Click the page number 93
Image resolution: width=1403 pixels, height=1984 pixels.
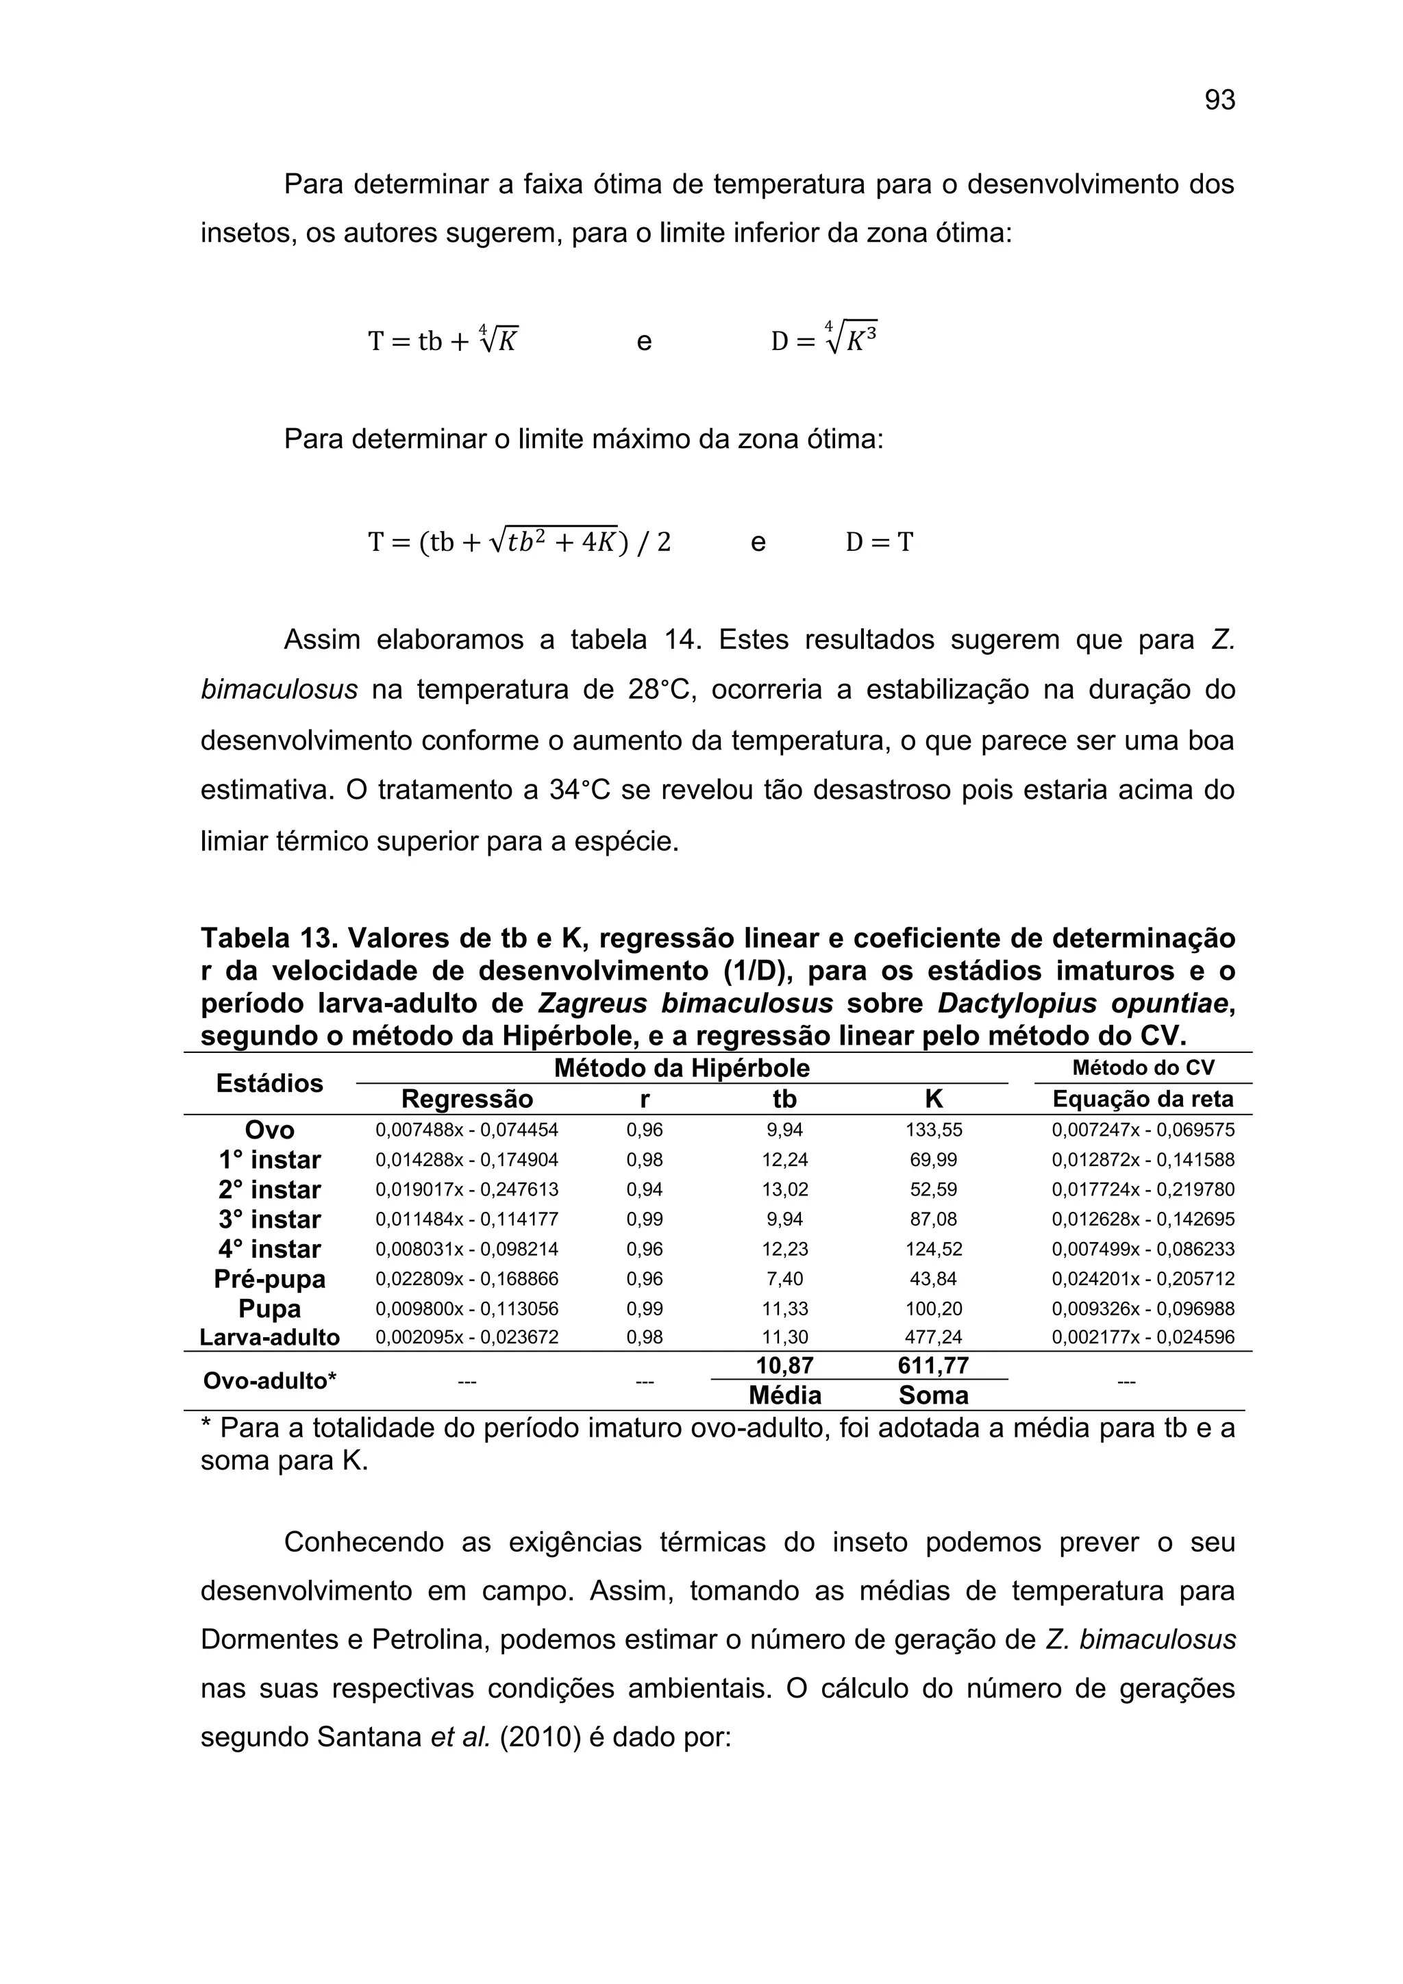1219,101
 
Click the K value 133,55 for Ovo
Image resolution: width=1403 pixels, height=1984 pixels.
933,1130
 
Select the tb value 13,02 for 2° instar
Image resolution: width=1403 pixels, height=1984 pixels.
784,1190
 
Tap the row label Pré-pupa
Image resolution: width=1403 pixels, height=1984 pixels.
269,1279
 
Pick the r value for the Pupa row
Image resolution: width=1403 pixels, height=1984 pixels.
645,1309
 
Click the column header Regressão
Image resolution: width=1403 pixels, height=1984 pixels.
467,1099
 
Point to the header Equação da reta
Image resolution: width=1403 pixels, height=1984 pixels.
1142,1099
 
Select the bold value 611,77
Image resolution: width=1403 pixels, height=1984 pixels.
933,1366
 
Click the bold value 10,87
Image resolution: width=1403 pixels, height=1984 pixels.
784,1366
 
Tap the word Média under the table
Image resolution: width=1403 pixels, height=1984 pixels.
784,1396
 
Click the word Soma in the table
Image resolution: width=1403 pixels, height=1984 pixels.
933,1396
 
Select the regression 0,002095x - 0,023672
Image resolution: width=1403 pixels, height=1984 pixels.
467,1338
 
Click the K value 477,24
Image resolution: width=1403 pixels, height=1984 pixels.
933,1338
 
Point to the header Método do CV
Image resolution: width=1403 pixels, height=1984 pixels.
1142,1068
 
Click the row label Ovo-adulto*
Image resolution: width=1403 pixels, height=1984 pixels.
269,1381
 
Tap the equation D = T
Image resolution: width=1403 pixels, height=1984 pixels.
879,543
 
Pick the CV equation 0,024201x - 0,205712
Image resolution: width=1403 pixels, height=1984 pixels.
1142,1279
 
